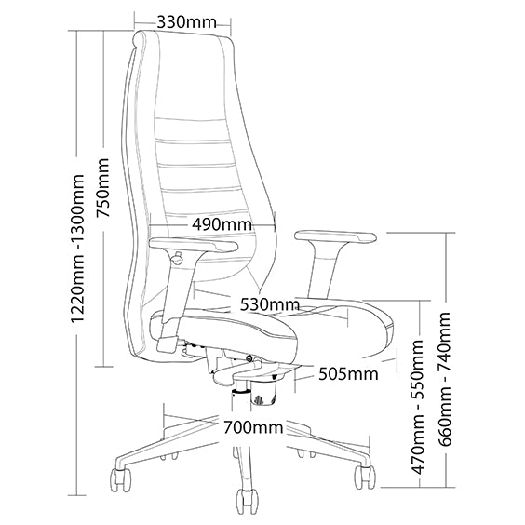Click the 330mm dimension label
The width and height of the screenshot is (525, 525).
[186, 22]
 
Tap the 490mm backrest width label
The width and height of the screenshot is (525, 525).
[222, 224]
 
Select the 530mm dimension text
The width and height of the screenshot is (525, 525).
[270, 304]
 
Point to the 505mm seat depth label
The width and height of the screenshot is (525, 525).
[348, 373]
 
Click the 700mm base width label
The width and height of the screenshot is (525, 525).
[253, 427]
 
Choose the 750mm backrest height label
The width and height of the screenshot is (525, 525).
[102, 188]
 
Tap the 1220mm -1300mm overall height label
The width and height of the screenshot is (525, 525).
[77, 248]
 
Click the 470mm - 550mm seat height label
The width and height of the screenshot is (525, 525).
[418, 407]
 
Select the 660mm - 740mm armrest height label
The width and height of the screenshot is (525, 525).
[444, 379]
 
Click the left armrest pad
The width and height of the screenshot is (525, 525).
[194, 245]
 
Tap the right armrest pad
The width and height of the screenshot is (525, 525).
[335, 237]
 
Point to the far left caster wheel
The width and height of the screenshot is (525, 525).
[120, 479]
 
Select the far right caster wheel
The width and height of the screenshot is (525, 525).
[365, 478]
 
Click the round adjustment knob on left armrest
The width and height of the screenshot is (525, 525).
[177, 259]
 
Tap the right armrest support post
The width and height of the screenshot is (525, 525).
[323, 270]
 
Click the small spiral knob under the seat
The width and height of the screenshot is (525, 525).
[249, 359]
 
